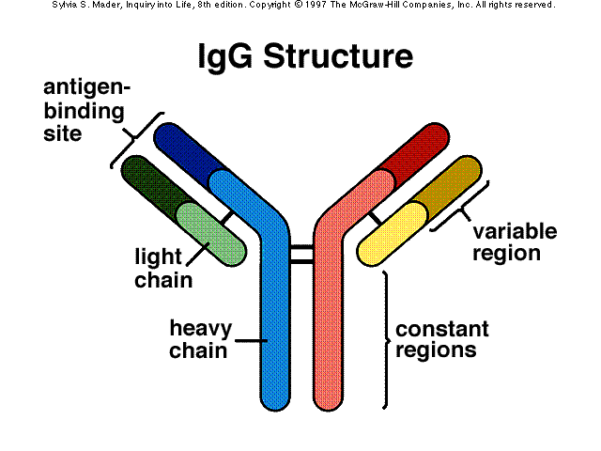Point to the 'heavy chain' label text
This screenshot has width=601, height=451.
click(x=198, y=339)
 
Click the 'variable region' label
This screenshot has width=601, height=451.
click(x=515, y=242)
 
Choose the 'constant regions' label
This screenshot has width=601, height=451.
click(x=441, y=340)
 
